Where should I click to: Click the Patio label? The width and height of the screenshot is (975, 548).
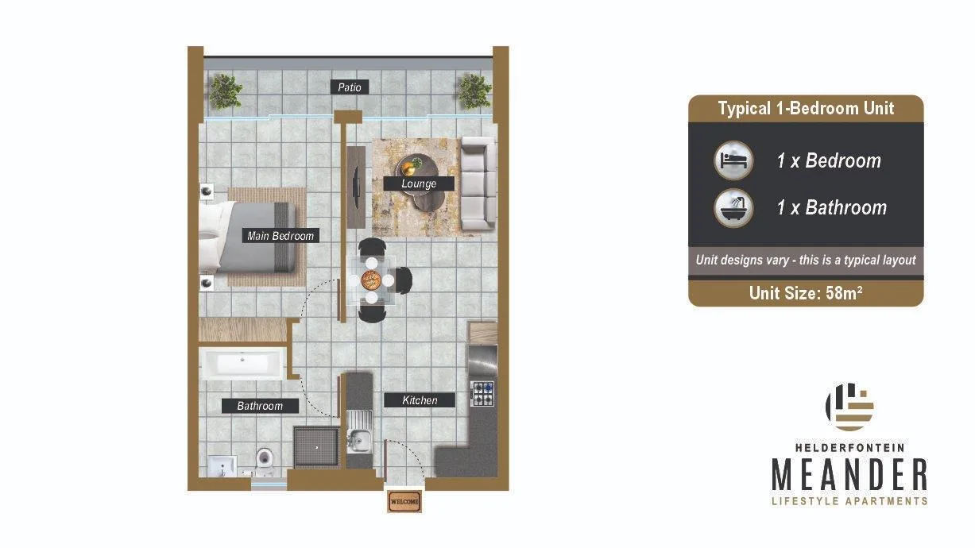pos(350,87)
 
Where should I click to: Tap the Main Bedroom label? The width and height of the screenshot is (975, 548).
pos(281,236)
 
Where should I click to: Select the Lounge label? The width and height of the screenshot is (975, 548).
pos(419,183)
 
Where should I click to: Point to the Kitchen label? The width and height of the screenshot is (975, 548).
pos(420,400)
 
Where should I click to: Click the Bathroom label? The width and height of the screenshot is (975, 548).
pos(260,406)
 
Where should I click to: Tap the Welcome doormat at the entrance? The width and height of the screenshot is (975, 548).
pos(404,501)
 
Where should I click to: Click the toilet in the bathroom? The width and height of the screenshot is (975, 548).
pos(264,463)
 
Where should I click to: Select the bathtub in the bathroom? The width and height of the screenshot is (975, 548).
pos(242,364)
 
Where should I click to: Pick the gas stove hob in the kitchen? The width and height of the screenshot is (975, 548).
pos(482,393)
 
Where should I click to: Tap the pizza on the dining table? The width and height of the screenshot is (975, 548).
pos(371,280)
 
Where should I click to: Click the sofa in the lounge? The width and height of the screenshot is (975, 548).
pos(478,183)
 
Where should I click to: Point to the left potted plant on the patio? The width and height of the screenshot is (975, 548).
pos(225,91)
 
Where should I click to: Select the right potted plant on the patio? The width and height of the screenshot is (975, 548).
pos(474,91)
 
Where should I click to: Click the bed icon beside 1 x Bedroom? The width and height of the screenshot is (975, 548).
pos(734,160)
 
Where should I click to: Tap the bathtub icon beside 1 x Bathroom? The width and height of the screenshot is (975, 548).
pos(734,208)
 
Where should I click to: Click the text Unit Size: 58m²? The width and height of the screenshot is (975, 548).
pos(806,293)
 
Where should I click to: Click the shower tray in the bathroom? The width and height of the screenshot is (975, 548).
pos(316,447)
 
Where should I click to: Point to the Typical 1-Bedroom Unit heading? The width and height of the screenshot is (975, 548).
pos(806,108)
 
